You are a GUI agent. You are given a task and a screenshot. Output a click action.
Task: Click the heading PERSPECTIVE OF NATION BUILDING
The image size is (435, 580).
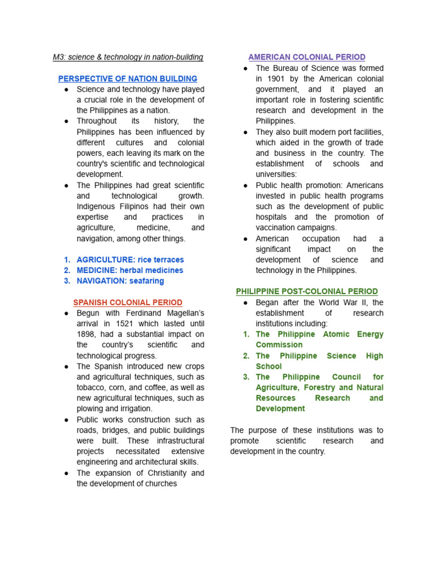click(127, 79)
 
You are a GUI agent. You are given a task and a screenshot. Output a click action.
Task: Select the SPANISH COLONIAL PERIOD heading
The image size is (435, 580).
click(127, 302)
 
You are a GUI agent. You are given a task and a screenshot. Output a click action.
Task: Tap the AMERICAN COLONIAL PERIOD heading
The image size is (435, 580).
click(306, 57)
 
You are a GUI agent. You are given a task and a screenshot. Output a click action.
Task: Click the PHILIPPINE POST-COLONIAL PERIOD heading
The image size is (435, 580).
click(306, 291)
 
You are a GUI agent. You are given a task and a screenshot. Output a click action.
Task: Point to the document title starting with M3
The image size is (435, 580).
click(127, 57)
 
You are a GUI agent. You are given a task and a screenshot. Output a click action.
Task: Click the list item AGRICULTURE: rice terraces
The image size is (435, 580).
click(130, 259)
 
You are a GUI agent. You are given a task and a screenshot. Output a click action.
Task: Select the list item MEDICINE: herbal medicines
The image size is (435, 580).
click(130, 270)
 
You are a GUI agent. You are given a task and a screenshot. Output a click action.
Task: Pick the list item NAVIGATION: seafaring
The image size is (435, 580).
click(120, 281)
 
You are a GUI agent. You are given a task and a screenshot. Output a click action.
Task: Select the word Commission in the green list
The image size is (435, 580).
click(279, 344)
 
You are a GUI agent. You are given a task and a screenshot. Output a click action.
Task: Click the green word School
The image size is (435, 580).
click(268, 366)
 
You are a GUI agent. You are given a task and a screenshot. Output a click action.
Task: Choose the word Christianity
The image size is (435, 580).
click(160, 473)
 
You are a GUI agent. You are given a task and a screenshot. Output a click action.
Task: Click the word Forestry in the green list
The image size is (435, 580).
click(317, 387)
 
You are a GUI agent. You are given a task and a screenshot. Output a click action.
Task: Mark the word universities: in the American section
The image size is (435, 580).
click(276, 174)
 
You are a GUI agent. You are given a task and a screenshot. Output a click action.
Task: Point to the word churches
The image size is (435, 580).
click(161, 484)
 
